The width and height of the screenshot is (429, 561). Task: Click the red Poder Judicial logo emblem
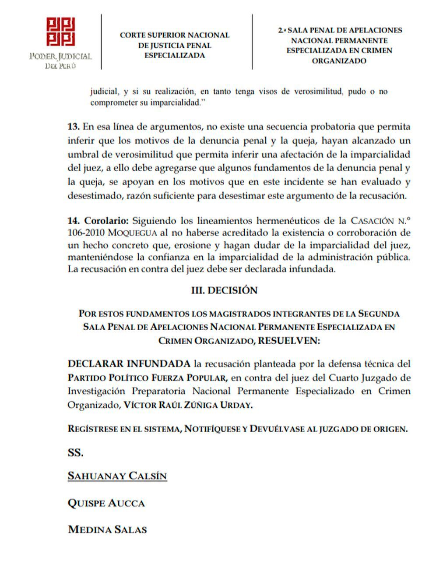61,32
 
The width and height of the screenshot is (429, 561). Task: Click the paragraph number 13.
73,127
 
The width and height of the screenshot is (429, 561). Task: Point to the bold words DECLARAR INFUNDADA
129,363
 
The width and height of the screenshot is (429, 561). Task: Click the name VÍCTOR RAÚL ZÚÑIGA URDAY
188,405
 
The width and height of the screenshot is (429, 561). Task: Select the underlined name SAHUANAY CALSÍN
117,476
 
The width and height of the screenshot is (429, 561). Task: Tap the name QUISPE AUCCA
106,503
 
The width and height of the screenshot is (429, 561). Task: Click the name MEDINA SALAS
107,529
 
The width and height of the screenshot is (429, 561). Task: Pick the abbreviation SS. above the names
75,453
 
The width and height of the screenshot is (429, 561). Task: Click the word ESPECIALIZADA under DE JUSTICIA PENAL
175,56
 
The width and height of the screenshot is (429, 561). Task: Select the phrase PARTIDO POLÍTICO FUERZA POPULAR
148,378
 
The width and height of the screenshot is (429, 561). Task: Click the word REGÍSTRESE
93,429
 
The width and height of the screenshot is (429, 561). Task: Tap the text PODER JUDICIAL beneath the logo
60,56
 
